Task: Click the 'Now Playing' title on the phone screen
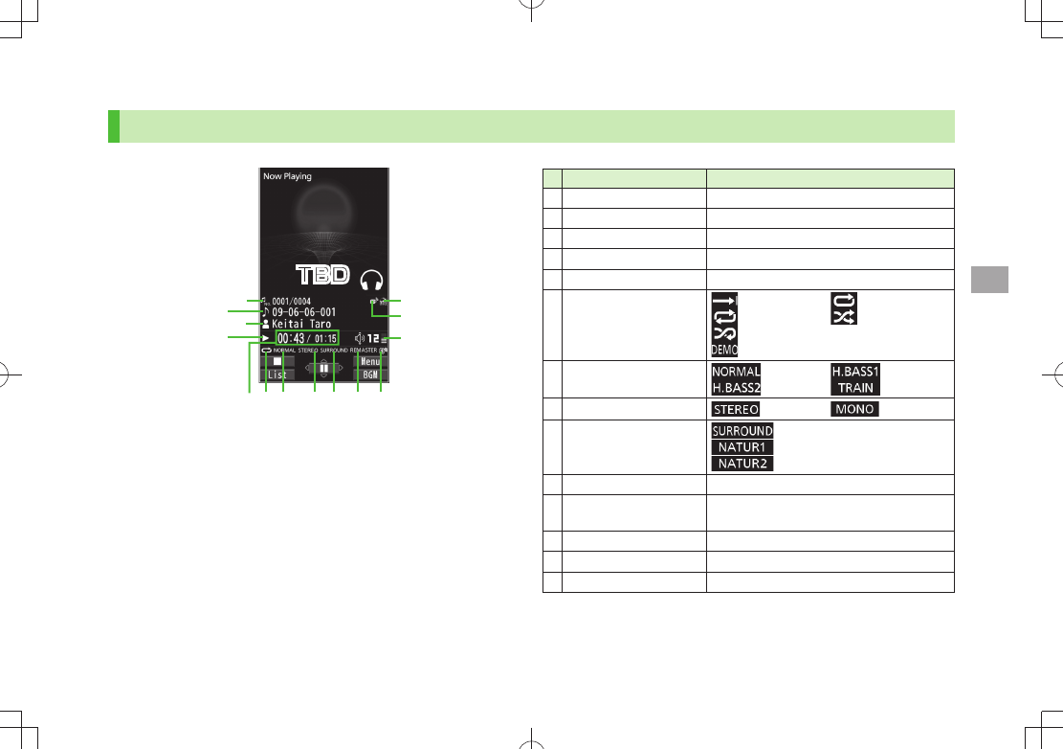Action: [288, 176]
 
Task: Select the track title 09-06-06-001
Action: [303, 312]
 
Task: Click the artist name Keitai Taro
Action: [301, 325]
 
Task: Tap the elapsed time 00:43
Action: [291, 338]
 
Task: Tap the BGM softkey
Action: [371, 374]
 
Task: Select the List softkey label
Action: [277, 374]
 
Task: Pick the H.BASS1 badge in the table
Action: [853, 372]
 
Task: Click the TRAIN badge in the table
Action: [855, 388]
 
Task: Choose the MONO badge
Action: [854, 410]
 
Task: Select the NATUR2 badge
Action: [742, 464]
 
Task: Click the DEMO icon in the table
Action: [723, 351]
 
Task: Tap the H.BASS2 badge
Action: [736, 388]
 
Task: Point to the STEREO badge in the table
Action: [736, 410]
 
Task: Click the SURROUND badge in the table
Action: [742, 431]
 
